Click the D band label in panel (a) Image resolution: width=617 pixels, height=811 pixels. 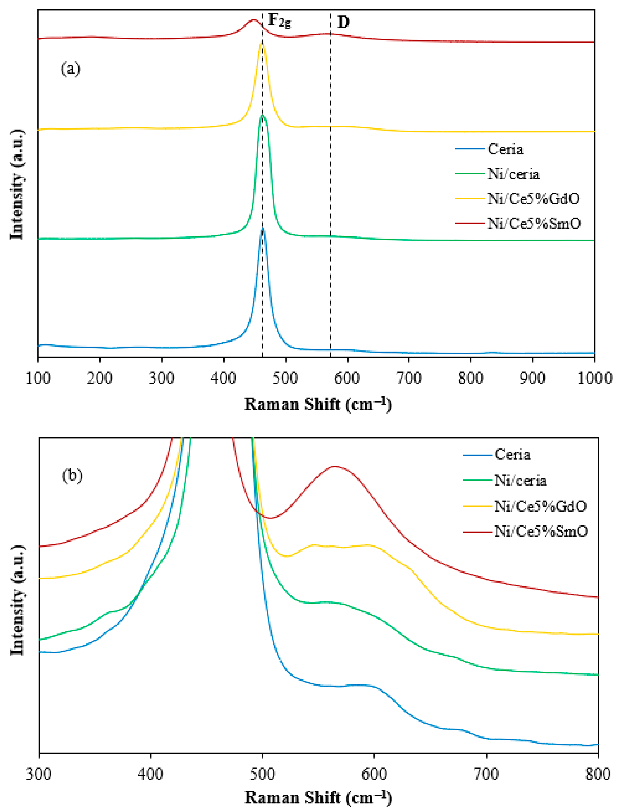tap(343, 23)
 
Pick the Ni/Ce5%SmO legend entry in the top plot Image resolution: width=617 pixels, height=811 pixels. tap(534, 223)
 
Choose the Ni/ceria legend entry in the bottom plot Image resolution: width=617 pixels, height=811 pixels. tap(520, 481)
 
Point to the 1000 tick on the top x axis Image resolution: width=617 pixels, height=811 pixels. tap(594, 378)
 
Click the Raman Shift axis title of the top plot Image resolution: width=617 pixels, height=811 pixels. tap(318, 405)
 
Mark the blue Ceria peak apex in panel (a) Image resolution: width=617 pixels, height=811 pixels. tap(263, 229)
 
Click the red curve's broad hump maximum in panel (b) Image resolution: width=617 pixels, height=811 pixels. tap(335, 466)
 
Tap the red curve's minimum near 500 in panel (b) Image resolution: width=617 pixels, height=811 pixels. tap(270, 518)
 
